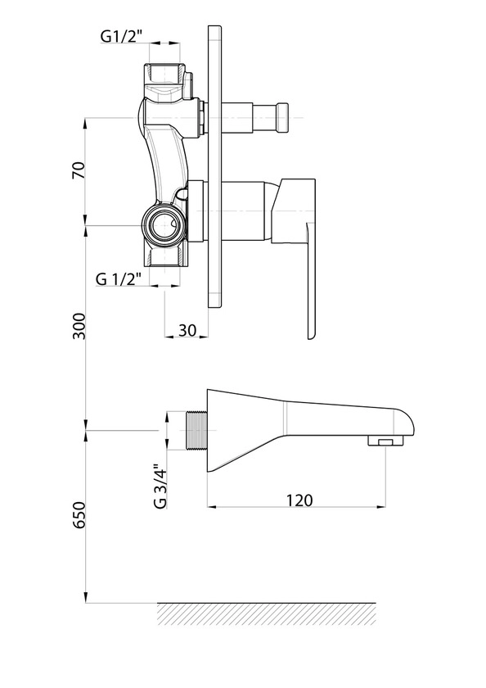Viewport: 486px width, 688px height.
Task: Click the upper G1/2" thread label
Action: coord(122,36)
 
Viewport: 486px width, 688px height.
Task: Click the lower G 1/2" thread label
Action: coord(119,278)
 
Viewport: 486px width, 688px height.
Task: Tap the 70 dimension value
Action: coord(79,170)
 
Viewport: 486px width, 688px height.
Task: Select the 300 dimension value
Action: coord(79,326)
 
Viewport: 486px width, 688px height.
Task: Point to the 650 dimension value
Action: coord(79,514)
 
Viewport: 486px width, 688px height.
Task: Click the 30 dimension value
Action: coord(187,330)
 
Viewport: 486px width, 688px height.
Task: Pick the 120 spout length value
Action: coord(299,500)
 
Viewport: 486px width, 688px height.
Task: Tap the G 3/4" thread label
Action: coord(160,487)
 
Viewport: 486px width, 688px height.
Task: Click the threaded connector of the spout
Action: coord(196,431)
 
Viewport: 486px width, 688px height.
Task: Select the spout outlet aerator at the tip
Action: coord(385,441)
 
